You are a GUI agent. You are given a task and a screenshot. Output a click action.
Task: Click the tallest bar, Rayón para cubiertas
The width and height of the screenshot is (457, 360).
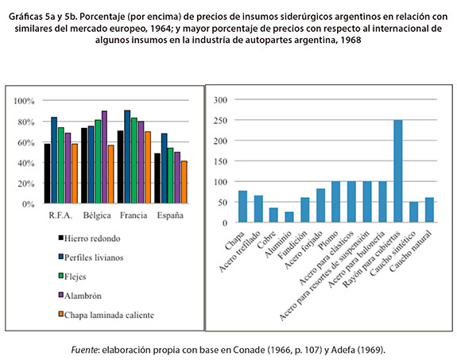click(398, 171)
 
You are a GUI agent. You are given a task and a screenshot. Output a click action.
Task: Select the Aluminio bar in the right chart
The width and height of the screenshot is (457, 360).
click(289, 217)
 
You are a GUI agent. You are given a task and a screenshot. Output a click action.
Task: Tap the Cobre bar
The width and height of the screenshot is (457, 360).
click(273, 215)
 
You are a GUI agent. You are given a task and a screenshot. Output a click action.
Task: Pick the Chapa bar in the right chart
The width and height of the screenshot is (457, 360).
click(242, 207)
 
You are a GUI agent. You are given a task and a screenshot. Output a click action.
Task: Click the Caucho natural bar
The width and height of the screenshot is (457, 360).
click(429, 210)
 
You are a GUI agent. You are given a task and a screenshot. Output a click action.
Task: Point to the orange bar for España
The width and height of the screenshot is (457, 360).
click(184, 182)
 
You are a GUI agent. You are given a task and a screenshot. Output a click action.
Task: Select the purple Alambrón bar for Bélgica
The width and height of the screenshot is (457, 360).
click(104, 157)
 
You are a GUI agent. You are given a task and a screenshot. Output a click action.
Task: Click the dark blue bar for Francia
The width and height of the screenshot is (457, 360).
click(127, 157)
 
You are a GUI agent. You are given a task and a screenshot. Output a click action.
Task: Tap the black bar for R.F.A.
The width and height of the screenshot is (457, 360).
click(47, 174)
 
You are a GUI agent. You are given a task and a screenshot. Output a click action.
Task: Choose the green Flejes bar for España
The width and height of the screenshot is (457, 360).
click(170, 176)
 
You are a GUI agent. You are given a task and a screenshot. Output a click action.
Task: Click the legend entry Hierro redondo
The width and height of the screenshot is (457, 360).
click(89, 238)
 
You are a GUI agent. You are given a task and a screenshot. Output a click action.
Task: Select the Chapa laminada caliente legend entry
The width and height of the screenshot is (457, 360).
click(106, 315)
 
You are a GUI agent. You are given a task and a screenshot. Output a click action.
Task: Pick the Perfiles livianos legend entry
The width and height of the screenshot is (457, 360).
click(91, 257)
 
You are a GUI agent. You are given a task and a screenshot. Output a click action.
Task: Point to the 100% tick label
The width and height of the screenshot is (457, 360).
click(24, 101)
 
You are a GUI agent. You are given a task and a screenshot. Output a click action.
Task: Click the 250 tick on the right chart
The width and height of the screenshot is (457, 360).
click(220, 120)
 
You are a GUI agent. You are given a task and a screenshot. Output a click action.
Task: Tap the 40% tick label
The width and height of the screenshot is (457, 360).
click(26, 163)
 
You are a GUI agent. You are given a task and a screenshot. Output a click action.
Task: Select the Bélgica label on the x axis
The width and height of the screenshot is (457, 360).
click(97, 215)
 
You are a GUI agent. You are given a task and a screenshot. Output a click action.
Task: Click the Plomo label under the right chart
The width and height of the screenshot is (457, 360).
click(328, 241)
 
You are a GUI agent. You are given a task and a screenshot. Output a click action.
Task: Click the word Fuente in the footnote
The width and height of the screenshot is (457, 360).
click(84, 350)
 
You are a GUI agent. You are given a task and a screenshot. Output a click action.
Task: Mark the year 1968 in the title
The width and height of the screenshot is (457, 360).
click(350, 40)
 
